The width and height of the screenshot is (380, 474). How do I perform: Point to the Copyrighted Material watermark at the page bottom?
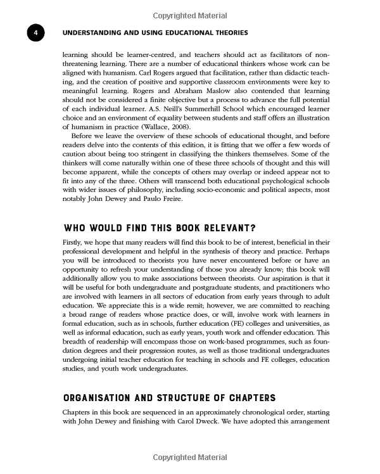tap(189, 457)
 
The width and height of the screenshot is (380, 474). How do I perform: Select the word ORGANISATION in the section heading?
tap(105, 398)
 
